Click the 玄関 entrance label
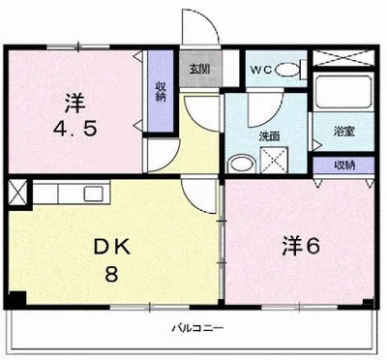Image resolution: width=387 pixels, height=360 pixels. click(x=199, y=69)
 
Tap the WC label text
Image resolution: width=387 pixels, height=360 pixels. click(x=261, y=70)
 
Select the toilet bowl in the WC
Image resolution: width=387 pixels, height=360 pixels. click(x=287, y=70)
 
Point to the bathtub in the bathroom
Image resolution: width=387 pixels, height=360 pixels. click(x=343, y=92)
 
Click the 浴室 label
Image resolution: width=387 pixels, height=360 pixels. click(x=344, y=132)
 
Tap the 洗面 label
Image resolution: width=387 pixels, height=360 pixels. click(x=269, y=136)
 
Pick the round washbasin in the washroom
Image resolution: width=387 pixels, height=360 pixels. click(x=242, y=164)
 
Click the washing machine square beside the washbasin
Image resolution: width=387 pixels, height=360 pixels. click(x=274, y=160)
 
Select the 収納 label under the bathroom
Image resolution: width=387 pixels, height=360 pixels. click(x=344, y=165)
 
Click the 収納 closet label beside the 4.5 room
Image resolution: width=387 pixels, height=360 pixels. click(x=161, y=92)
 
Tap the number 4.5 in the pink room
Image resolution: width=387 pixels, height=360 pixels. click(x=74, y=130)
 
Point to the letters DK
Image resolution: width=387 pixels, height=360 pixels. click(x=112, y=248)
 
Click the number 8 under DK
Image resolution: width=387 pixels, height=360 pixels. click(x=111, y=274)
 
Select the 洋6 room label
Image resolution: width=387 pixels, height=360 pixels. click(x=301, y=247)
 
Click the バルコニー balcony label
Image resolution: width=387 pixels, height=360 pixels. click(x=197, y=329)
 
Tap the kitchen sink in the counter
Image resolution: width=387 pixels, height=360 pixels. click(x=93, y=194)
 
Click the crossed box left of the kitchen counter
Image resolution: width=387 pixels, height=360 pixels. click(x=17, y=193)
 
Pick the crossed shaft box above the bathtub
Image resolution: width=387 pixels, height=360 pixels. click(x=343, y=58)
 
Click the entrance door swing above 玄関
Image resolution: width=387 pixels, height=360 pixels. click(x=199, y=27)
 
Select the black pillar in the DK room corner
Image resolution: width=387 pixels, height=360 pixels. click(x=16, y=299)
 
